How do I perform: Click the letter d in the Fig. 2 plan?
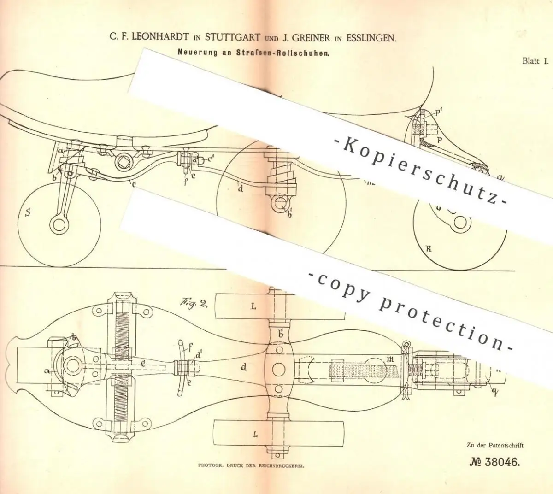[x=242, y=367]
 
